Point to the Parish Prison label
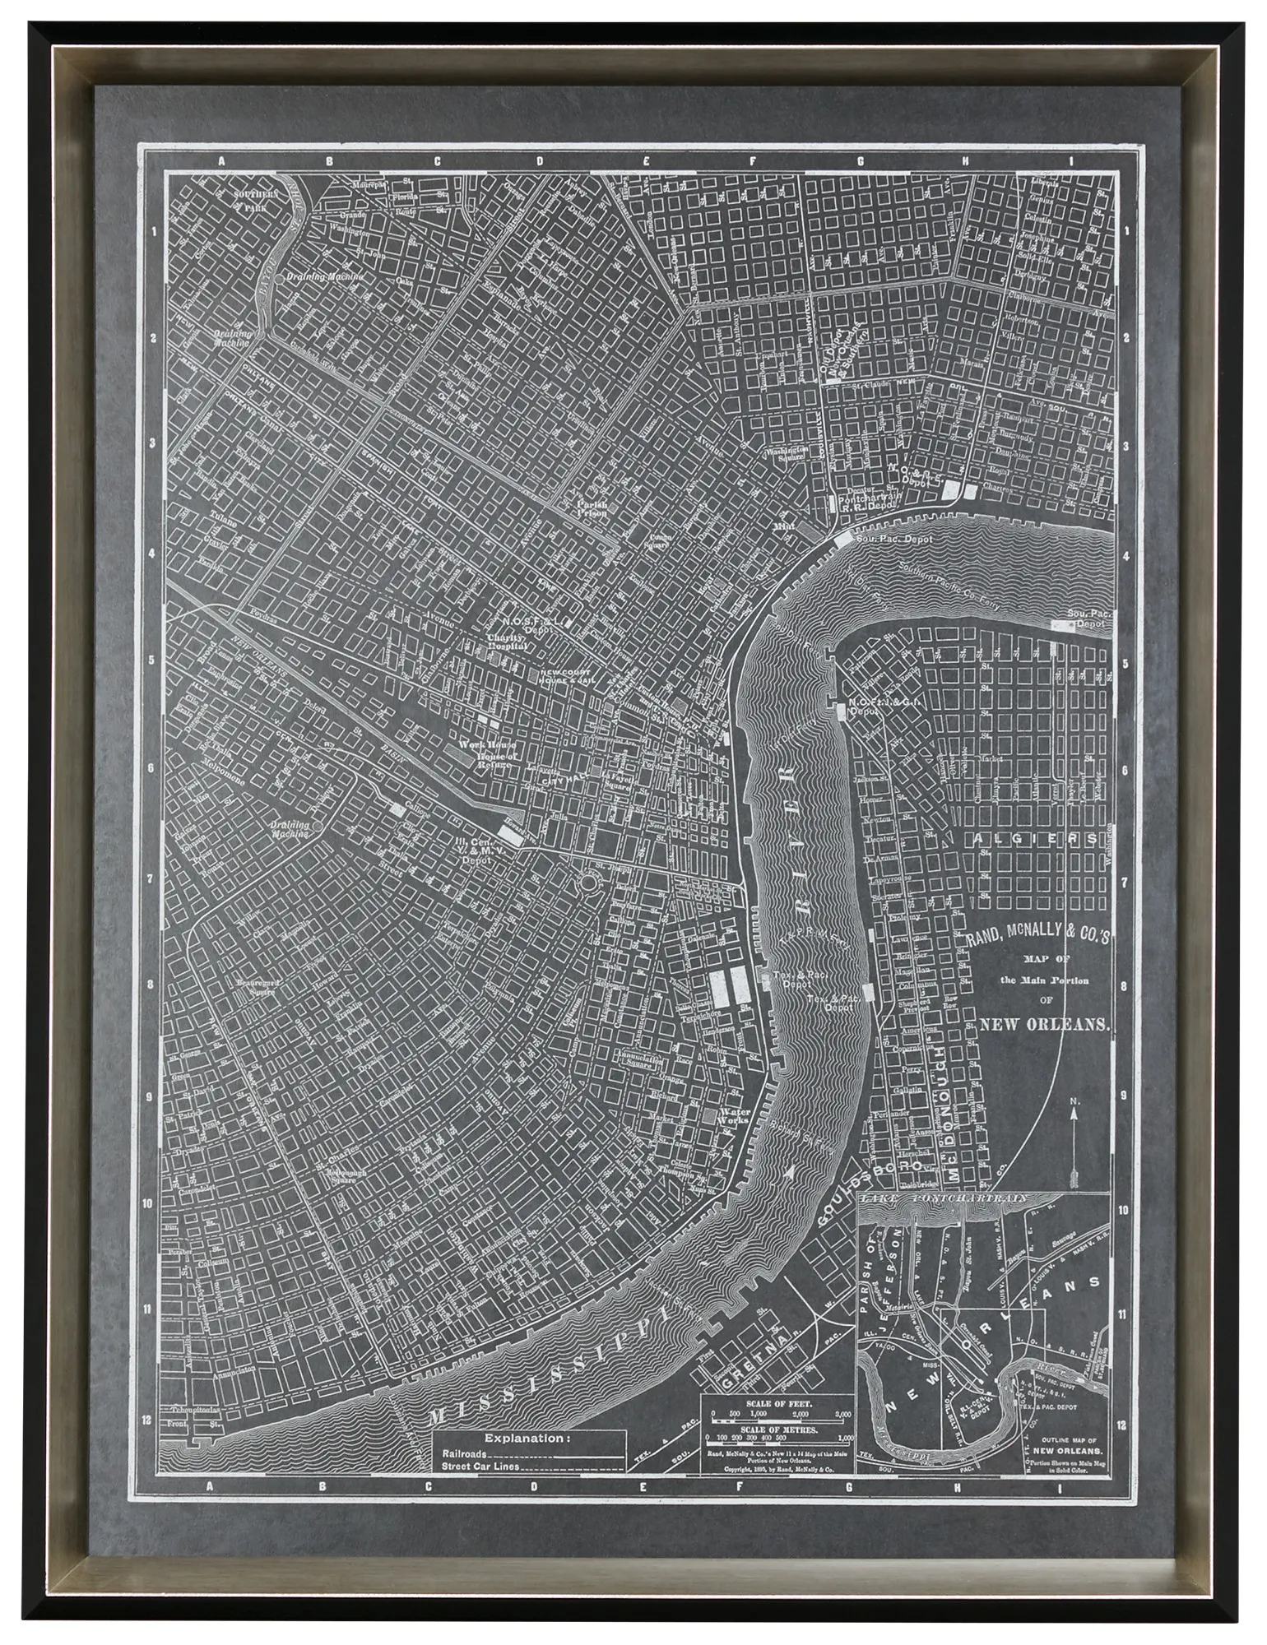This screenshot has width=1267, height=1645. point(592,509)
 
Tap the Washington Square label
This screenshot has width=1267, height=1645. point(787,456)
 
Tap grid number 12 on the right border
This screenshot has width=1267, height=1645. point(1125,1425)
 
